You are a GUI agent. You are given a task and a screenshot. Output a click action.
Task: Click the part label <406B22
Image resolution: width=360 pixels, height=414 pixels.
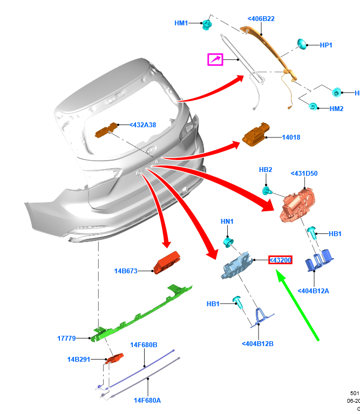pyautogui.click(x=261, y=19)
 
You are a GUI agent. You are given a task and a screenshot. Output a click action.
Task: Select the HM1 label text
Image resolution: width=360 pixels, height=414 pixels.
pyautogui.click(x=181, y=23)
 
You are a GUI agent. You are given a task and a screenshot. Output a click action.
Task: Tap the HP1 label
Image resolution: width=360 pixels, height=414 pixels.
pyautogui.click(x=326, y=45)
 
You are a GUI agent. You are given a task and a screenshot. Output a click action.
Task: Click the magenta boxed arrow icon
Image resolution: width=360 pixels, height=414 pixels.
pyautogui.click(x=216, y=59)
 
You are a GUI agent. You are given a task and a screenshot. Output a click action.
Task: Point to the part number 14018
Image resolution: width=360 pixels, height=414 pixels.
pyautogui.click(x=291, y=137)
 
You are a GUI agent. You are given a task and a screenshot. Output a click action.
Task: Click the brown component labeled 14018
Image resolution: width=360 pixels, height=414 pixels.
pyautogui.click(x=255, y=135)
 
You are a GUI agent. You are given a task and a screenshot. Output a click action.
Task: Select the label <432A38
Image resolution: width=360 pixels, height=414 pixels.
pyautogui.click(x=143, y=125)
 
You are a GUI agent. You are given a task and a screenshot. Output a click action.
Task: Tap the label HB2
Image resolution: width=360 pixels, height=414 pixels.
pyautogui.click(x=266, y=170)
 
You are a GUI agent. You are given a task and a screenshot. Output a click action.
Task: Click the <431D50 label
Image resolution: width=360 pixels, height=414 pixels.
pyautogui.click(x=304, y=174)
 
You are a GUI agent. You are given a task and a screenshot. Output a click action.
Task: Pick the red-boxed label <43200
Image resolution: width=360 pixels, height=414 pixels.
pyautogui.click(x=281, y=260)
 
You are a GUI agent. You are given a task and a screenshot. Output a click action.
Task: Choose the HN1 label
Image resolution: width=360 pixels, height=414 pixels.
pyautogui.click(x=227, y=222)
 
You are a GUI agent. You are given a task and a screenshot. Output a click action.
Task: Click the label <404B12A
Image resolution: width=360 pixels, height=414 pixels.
pyautogui.click(x=313, y=291)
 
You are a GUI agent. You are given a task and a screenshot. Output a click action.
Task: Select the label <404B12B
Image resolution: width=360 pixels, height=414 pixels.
pyautogui.click(x=257, y=344)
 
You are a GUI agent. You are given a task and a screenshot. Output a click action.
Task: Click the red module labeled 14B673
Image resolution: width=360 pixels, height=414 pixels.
pyautogui.click(x=168, y=263)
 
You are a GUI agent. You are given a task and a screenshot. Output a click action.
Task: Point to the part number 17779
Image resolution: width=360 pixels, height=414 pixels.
pyautogui.click(x=66, y=339)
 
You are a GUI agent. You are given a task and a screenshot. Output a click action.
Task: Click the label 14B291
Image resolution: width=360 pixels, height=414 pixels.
pyautogui.click(x=78, y=359)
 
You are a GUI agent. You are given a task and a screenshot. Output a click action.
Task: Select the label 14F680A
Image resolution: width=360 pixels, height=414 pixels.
pyautogui.click(x=147, y=400)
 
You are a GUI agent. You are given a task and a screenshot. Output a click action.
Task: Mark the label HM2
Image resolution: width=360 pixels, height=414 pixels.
pyautogui.click(x=336, y=109)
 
